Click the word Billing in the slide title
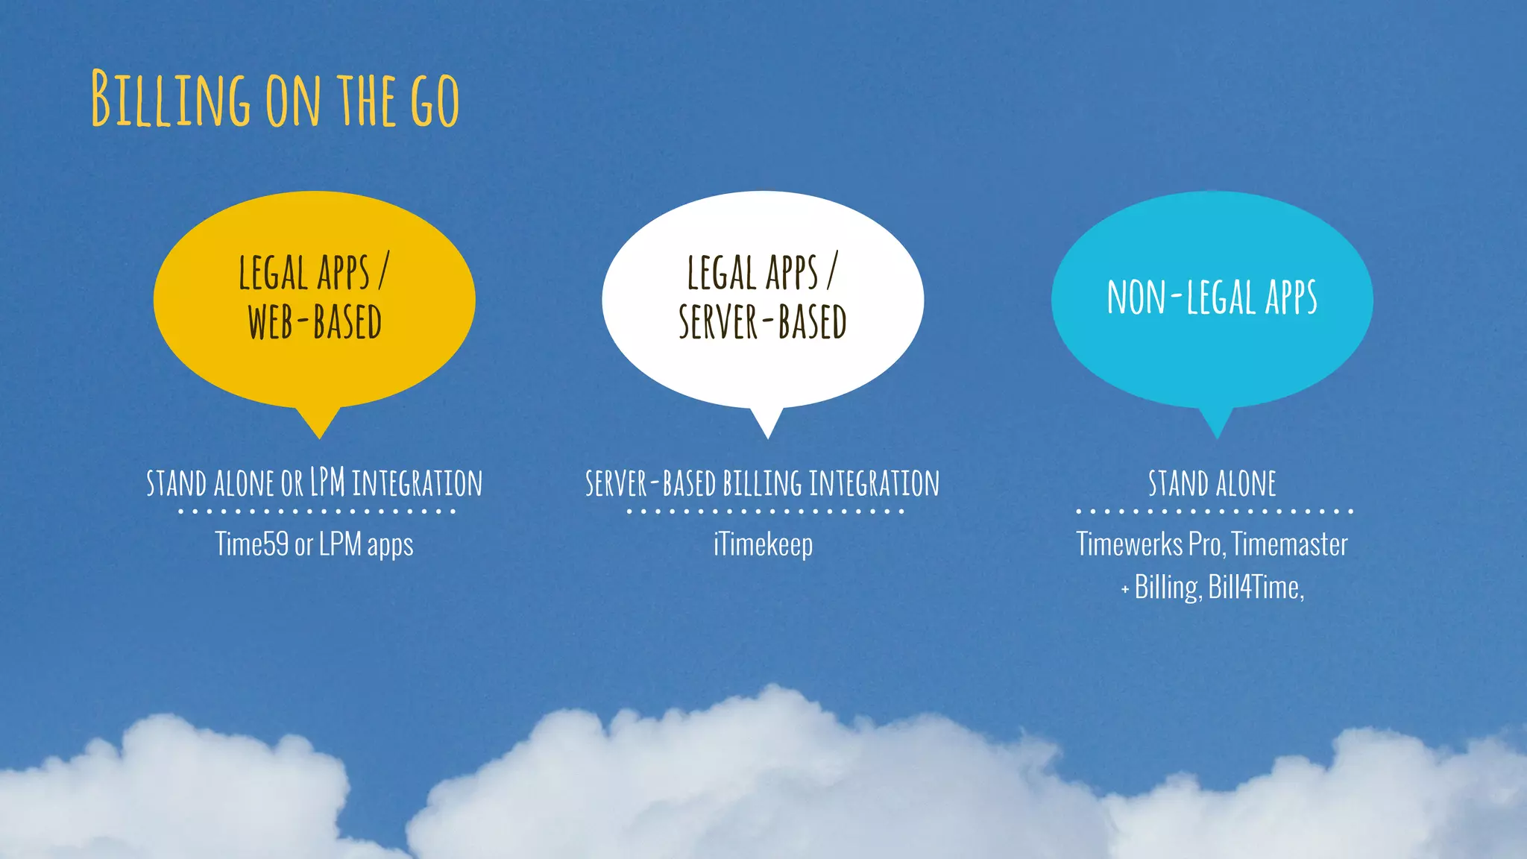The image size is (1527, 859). point(171,98)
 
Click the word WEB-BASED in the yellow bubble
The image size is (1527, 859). point(314,322)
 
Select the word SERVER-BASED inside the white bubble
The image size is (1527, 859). point(762,322)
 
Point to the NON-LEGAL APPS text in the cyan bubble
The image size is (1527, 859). point(1212,297)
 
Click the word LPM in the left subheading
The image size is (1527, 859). point(327,483)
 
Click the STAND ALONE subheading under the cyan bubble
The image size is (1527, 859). point(1212,483)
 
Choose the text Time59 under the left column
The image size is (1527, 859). point(251,544)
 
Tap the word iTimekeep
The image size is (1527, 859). point(763,544)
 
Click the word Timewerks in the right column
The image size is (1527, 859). point(1129,544)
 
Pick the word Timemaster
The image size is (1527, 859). point(1290,544)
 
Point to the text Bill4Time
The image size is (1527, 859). point(1255,588)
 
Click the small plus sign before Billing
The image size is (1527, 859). point(1125,590)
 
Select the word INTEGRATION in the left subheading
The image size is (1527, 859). point(417,483)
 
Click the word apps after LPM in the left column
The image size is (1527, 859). point(390,545)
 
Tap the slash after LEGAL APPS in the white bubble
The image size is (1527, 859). point(832,271)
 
